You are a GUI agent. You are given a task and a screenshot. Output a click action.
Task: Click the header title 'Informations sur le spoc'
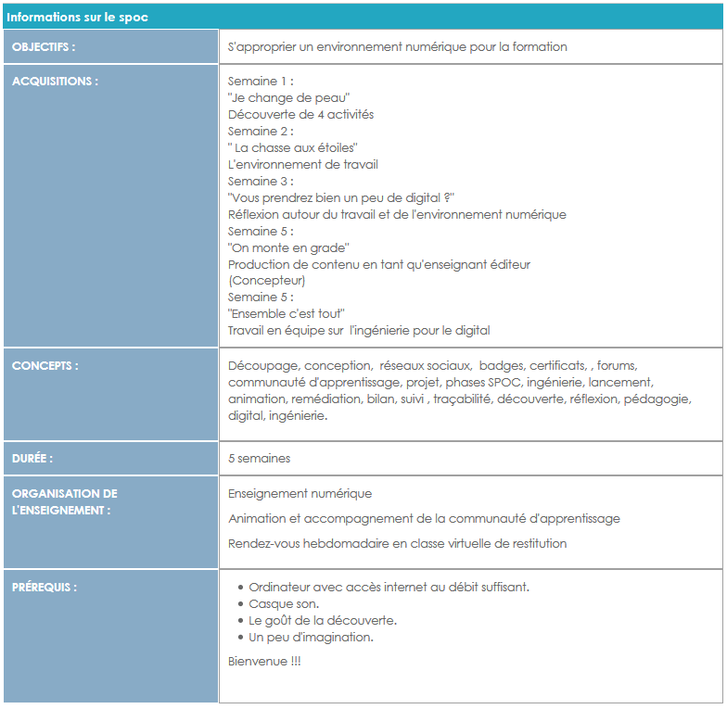pyautogui.click(x=78, y=18)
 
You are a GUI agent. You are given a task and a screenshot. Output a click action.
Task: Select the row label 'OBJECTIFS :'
pyautogui.click(x=45, y=46)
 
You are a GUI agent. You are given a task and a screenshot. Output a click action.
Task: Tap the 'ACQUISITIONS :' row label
pyautogui.click(x=55, y=81)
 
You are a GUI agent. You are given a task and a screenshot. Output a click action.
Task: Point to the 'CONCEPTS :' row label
pyautogui.click(x=45, y=365)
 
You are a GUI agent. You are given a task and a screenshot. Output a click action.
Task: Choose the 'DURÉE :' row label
pyautogui.click(x=32, y=458)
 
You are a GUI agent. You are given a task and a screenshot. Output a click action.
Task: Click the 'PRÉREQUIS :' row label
pyautogui.click(x=45, y=587)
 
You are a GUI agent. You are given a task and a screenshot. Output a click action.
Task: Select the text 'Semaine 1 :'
pyautogui.click(x=261, y=81)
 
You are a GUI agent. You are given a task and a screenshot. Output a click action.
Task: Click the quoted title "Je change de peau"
pyautogui.click(x=288, y=97)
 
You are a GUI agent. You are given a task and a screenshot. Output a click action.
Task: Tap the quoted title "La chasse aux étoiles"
pyautogui.click(x=293, y=147)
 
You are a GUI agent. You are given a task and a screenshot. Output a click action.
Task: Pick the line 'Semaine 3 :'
pyautogui.click(x=261, y=181)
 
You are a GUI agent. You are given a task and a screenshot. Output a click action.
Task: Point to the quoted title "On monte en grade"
pyautogui.click(x=288, y=247)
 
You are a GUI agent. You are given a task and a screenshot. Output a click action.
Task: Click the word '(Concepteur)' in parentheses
pyautogui.click(x=267, y=280)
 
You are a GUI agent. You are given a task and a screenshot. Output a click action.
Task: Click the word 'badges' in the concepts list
pyautogui.click(x=501, y=365)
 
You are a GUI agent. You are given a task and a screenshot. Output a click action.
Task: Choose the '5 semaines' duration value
pyautogui.click(x=260, y=458)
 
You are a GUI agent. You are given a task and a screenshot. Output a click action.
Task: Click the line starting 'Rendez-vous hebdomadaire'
pyautogui.click(x=397, y=543)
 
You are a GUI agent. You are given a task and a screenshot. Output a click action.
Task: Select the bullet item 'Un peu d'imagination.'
pyautogui.click(x=312, y=638)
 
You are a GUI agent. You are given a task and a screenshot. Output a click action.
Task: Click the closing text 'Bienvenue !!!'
pyautogui.click(x=264, y=661)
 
